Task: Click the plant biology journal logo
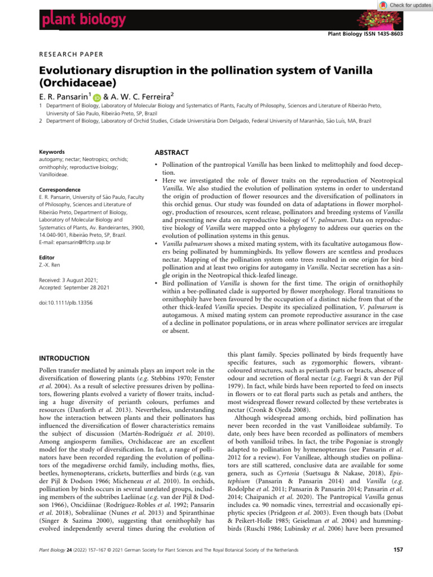(83, 21)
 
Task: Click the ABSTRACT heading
(171, 152)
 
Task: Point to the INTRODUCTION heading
(64, 358)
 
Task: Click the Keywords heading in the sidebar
(50, 152)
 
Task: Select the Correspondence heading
(59, 190)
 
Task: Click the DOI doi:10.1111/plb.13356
(66, 303)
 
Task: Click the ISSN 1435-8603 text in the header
(387, 35)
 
